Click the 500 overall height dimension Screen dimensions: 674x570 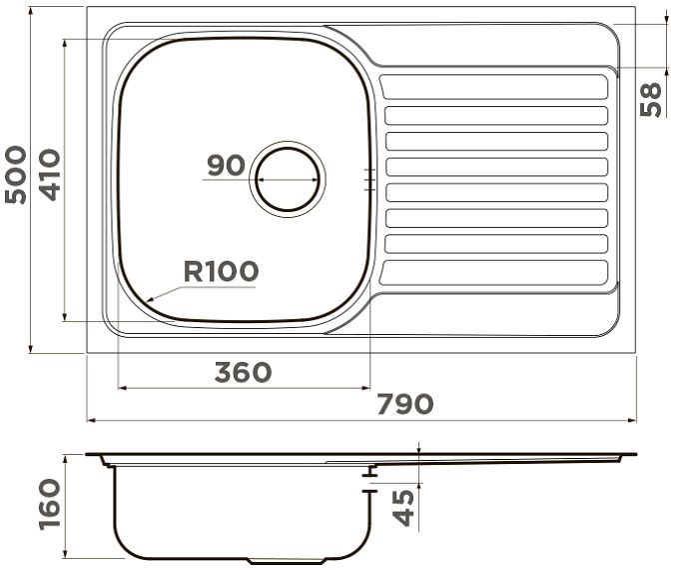click(15, 175)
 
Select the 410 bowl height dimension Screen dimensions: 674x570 click(50, 175)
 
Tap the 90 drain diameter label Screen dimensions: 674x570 click(226, 165)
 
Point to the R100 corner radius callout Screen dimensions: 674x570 click(221, 271)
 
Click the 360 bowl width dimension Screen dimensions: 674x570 click(244, 372)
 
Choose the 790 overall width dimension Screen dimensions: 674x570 click(405, 404)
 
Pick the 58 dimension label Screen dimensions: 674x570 click(650, 99)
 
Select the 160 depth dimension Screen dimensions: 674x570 click(50, 505)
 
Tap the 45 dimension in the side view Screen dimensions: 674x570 click(404, 508)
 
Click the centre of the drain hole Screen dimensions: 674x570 click(288, 179)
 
